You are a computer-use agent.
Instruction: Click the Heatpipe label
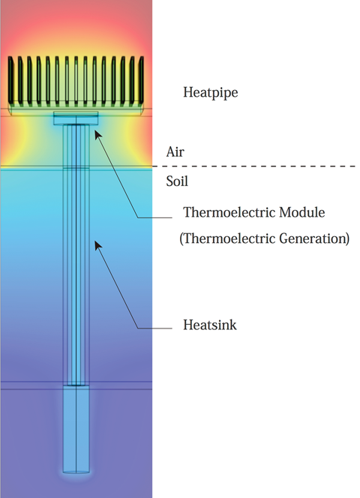(x=210, y=93)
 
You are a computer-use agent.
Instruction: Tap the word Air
(x=175, y=151)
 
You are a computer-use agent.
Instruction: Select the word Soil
(x=177, y=181)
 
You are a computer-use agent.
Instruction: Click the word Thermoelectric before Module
(x=229, y=212)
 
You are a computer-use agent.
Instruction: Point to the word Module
(x=302, y=212)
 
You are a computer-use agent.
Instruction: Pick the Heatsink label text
(x=210, y=325)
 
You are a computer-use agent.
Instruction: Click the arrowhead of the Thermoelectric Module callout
(x=97, y=134)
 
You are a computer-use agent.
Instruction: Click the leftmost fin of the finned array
(x=10, y=81)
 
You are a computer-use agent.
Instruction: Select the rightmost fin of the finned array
(x=141, y=81)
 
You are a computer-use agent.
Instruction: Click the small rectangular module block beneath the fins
(x=76, y=118)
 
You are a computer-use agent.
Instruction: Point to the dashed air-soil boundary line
(x=253, y=166)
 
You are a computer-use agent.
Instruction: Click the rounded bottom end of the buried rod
(x=76, y=472)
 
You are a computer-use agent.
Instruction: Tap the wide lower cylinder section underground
(x=76, y=429)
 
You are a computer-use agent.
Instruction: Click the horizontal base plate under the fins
(x=76, y=109)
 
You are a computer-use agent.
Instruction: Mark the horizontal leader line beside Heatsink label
(x=155, y=328)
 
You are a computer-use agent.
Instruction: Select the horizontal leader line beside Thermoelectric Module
(x=155, y=217)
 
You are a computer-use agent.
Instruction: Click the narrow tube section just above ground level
(x=76, y=145)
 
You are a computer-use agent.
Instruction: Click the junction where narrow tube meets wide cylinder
(x=76, y=385)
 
